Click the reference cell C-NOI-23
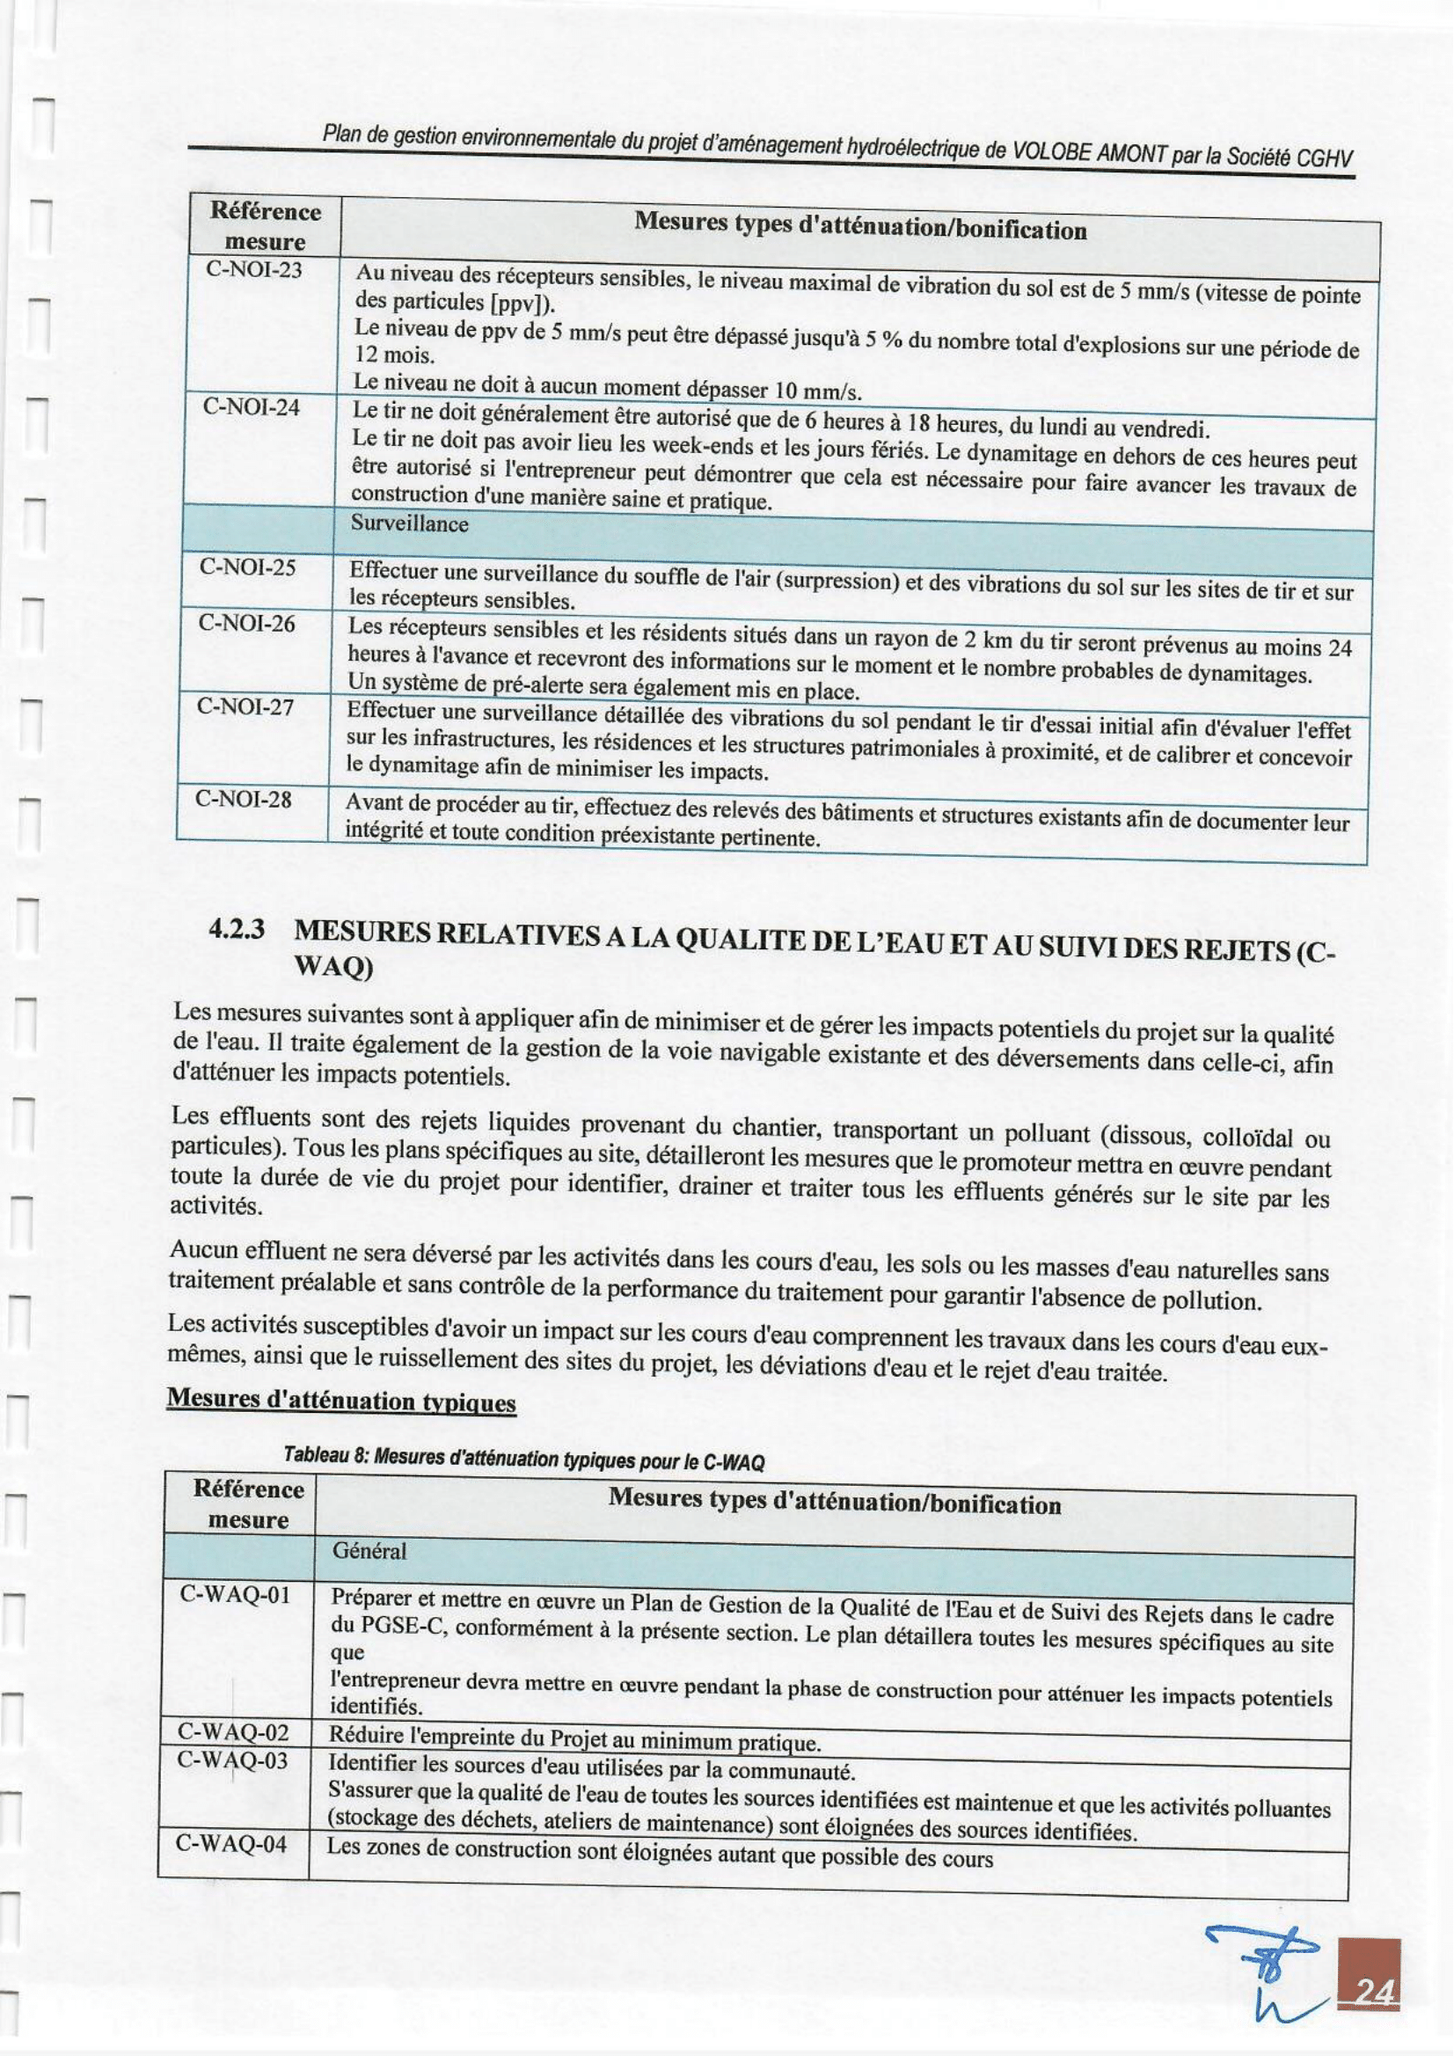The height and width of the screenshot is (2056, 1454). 253,270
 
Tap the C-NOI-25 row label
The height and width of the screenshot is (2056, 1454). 248,567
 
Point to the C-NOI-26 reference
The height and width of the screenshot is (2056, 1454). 246,624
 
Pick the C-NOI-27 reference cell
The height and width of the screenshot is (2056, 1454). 245,707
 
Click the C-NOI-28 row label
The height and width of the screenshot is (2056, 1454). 244,799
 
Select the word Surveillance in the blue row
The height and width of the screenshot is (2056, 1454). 411,523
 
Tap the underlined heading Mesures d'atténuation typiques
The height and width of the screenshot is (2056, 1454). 342,1401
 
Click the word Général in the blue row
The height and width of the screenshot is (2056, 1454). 369,1552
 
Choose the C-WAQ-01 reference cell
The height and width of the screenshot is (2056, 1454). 236,1596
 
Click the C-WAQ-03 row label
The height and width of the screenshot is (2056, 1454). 233,1760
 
